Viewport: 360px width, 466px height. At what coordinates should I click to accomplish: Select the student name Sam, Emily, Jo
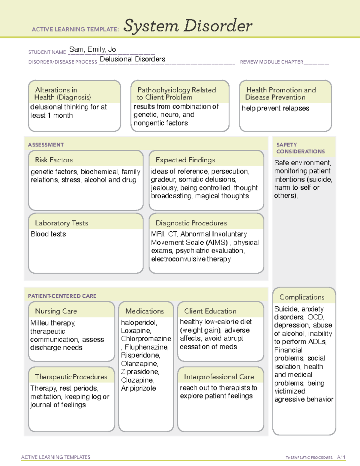pos(92,50)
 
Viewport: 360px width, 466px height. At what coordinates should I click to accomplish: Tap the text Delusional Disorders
pos(132,59)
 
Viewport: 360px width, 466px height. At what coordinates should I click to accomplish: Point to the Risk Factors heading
pos(54,160)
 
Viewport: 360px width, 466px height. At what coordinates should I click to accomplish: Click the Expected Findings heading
pos(185,160)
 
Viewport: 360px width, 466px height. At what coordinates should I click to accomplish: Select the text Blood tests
pos(48,234)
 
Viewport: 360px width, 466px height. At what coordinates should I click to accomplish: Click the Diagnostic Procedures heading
pos(191,223)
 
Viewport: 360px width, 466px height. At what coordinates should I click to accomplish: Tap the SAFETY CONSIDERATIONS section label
pos(300,148)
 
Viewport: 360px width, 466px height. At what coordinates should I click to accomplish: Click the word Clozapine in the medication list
pos(137,380)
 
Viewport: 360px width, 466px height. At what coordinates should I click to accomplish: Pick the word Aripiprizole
pos(138,388)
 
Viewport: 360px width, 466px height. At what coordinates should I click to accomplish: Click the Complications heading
pos(302,297)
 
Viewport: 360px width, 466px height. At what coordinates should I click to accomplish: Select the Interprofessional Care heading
pos(219,377)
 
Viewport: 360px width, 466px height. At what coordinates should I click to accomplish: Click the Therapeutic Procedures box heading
pos(71,377)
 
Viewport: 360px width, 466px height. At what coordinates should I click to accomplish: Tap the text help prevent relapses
pos(275,108)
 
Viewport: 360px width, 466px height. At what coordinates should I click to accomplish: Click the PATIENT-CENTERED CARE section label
pos(62,296)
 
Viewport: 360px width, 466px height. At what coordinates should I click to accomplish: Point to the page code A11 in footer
pos(341,457)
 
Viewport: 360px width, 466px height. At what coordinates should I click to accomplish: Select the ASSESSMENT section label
pos(46,145)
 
